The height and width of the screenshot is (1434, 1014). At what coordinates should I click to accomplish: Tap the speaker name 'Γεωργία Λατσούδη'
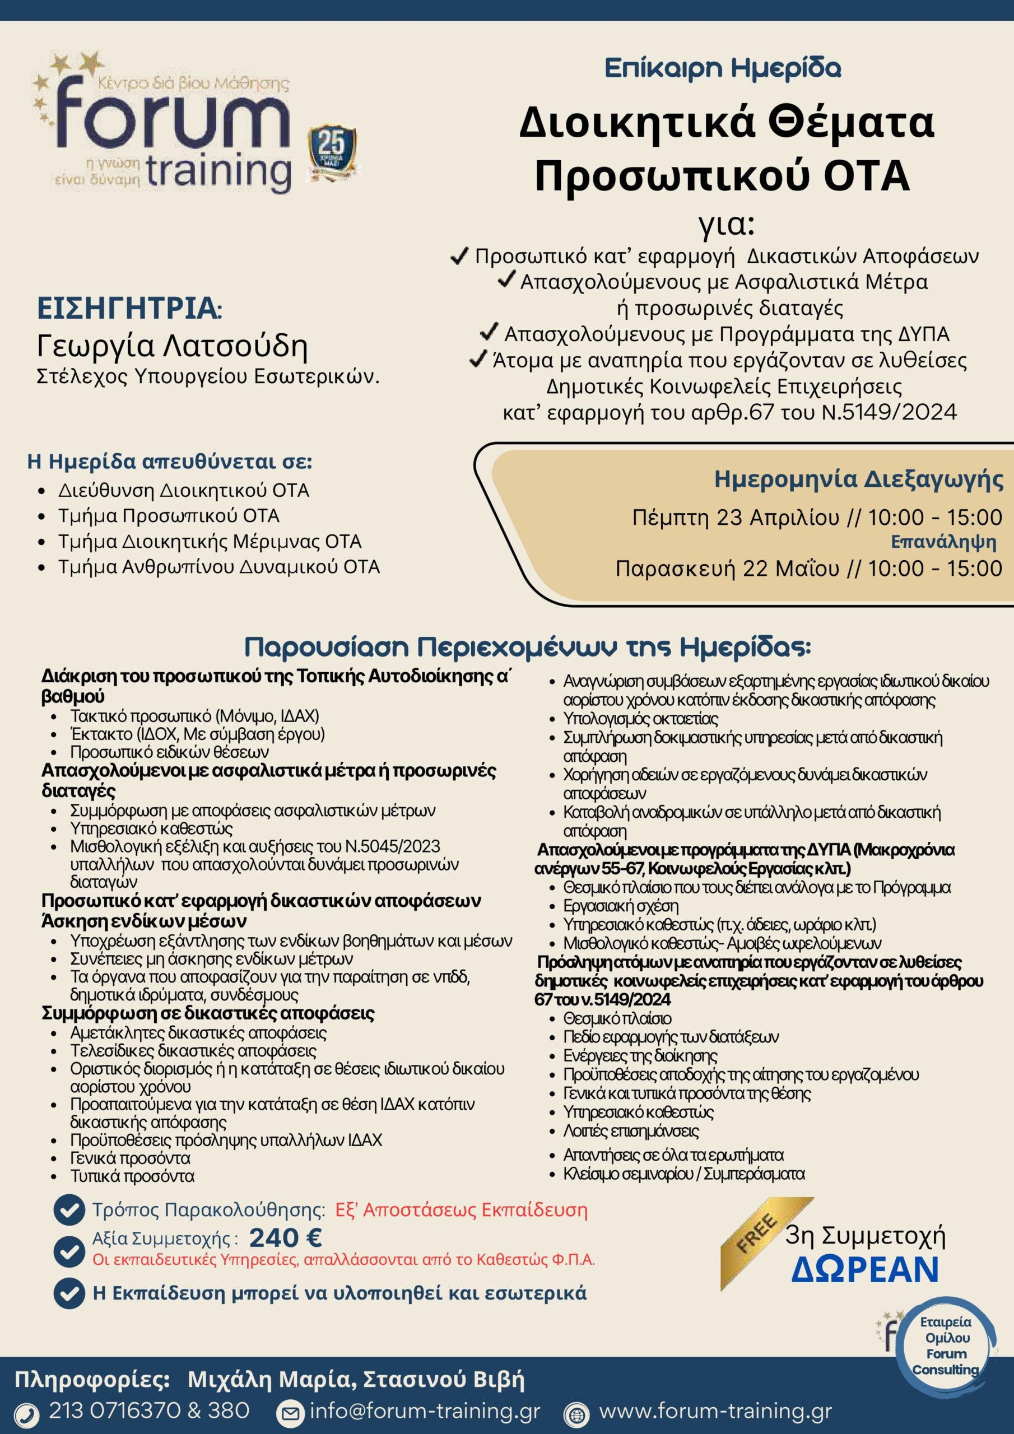tap(173, 346)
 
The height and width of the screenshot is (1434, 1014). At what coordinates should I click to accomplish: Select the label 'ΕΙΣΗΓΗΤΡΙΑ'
tap(129, 309)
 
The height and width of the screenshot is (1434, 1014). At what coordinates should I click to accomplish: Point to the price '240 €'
tap(286, 1237)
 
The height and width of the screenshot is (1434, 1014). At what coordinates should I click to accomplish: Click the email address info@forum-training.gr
tap(425, 1410)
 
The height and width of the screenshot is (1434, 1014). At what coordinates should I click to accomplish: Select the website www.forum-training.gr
tap(715, 1410)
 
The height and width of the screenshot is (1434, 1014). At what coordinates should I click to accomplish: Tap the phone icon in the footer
tap(26, 1413)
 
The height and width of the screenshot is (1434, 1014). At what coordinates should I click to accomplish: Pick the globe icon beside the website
tap(576, 1413)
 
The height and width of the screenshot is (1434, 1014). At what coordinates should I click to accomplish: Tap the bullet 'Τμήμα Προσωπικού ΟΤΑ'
tap(169, 516)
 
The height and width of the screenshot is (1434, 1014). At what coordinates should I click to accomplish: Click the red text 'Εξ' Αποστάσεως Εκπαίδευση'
tap(461, 1210)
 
